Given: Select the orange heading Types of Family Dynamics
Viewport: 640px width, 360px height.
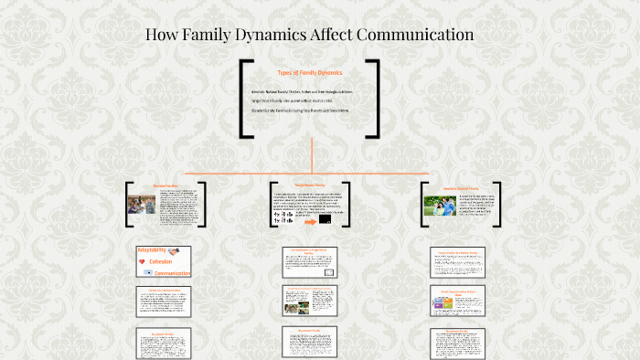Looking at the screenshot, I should [309, 72].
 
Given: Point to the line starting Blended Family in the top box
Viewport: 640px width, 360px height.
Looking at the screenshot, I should [299, 111].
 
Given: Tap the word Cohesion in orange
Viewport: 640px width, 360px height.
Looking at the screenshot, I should [161, 261].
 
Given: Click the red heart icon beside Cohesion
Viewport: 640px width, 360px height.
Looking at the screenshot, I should [142, 261].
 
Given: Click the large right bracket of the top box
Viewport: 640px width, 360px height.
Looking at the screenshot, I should [374, 99].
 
